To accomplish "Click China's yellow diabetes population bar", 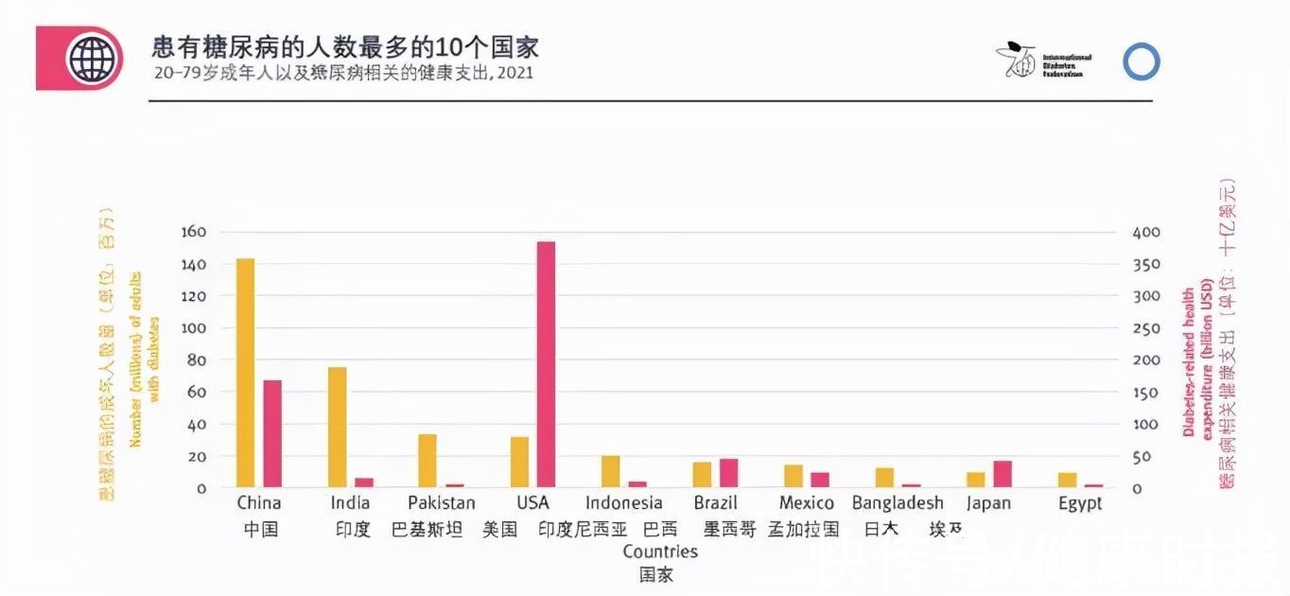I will click(245, 373).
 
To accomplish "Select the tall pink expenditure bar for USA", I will click(546, 364).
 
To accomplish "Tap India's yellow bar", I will click(338, 427).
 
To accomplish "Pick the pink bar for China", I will click(272, 433).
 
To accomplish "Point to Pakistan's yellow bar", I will click(427, 461).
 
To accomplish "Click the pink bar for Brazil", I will click(728, 473).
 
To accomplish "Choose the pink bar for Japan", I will click(1002, 474).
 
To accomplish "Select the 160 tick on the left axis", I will click(193, 233).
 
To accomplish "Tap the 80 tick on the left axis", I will click(197, 360).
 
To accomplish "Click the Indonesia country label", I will click(623, 503).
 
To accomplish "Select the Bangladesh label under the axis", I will click(898, 503).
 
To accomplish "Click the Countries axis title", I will click(659, 552).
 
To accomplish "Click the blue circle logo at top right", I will click(1142, 61).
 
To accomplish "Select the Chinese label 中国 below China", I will click(260, 529).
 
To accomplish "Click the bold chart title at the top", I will click(345, 47).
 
